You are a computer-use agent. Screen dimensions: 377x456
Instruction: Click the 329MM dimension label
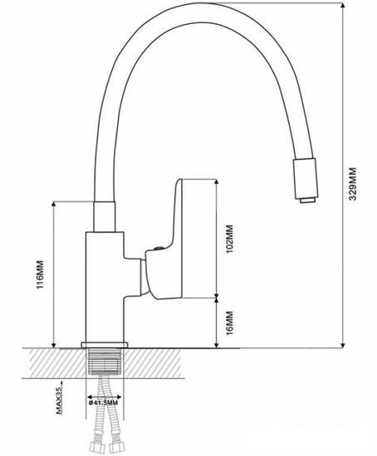353,183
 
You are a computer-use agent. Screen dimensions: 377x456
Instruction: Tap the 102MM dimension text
229,239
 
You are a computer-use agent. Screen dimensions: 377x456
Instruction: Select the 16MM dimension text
229,323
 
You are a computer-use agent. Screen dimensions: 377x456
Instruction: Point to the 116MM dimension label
40,274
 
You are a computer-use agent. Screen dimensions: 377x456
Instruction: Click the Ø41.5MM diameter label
104,403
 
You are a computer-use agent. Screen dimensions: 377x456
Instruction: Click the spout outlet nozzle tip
307,200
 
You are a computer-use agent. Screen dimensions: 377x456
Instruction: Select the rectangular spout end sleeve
306,178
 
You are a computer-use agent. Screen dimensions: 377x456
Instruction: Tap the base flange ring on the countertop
105,345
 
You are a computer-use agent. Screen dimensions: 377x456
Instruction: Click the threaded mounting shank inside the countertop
105,361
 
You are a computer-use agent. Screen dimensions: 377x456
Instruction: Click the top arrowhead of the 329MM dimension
343,5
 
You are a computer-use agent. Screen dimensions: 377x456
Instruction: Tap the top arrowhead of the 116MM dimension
54,204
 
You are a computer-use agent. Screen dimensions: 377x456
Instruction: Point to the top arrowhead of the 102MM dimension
216,182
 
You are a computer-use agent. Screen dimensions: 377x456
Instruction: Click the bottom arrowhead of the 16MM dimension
216,345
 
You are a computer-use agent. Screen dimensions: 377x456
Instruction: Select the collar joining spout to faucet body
105,216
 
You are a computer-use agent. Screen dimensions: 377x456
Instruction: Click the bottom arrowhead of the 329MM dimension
343,345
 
